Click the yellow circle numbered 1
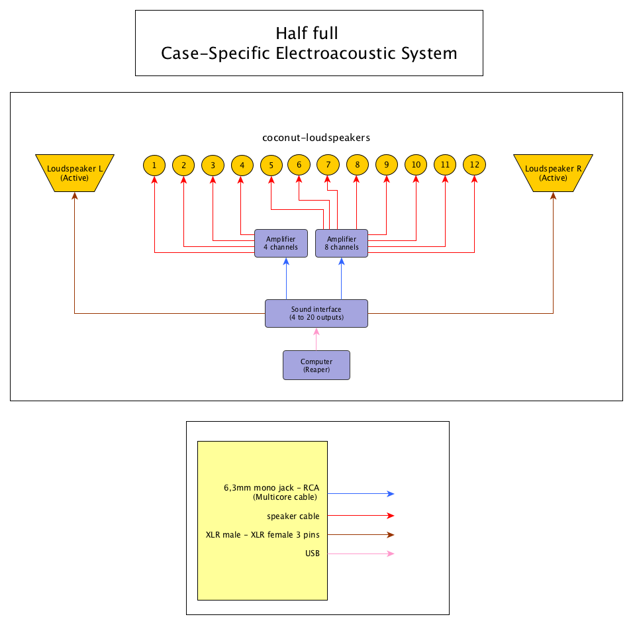154,165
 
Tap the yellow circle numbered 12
474,164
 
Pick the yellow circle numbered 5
271,165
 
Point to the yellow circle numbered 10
416,164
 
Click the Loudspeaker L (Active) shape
75,173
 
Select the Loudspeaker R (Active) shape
553,173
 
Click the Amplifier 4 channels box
281,243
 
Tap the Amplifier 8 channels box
342,243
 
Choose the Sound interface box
316,313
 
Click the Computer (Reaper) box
316,365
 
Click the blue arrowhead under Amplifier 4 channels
286,262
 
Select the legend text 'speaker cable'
293,516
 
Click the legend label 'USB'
313,553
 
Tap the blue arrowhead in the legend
391,494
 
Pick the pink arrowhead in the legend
391,554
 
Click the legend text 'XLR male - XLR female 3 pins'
262,534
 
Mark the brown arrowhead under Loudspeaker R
553,196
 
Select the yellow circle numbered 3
213,165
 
